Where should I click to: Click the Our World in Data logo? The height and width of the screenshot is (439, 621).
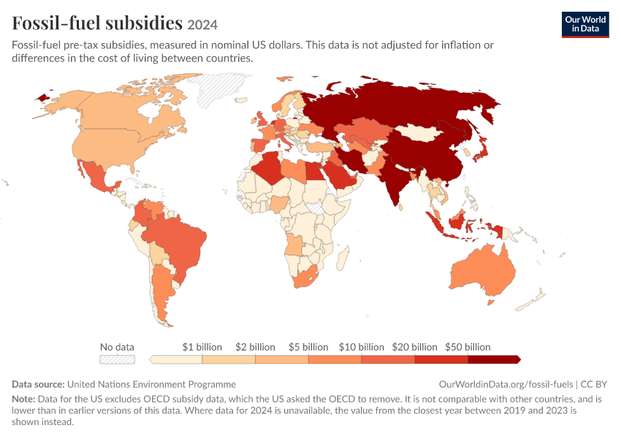pos(585,25)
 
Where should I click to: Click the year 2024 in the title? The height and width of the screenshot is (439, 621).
pos(202,25)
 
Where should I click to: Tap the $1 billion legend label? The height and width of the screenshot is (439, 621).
pos(202,347)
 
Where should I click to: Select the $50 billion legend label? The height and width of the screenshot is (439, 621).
pos(468,347)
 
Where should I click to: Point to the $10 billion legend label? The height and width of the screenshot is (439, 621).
pos(361,347)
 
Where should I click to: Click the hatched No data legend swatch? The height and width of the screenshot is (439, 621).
pos(117,360)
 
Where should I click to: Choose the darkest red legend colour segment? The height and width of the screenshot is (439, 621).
pos(494,360)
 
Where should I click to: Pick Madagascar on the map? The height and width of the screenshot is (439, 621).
pos(343,258)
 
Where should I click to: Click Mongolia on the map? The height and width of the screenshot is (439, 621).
pos(417,132)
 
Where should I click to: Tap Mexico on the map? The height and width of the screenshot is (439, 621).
pos(96,176)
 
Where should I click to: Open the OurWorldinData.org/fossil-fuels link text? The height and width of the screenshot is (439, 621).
pos(506,384)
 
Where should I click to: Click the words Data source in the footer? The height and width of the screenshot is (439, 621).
pos(38,384)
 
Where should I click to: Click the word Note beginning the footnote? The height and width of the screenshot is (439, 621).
pos(23,399)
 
